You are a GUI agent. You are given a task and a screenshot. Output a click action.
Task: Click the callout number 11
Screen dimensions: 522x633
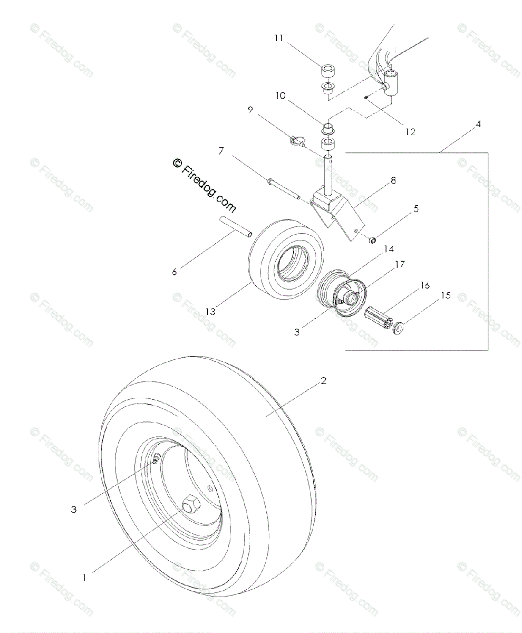click(278, 38)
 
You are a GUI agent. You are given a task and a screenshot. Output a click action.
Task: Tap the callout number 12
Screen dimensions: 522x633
click(410, 132)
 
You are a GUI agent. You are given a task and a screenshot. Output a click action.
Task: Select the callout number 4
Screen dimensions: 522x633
click(478, 124)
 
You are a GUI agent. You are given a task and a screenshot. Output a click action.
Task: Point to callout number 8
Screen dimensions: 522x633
click(393, 181)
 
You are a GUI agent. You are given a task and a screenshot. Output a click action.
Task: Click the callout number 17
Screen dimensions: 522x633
click(400, 265)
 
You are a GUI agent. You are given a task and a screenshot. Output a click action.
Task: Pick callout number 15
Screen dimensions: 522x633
click(446, 295)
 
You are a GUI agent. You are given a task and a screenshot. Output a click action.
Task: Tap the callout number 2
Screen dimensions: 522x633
click(323, 381)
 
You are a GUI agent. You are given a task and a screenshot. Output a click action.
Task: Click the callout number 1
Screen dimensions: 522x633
click(84, 578)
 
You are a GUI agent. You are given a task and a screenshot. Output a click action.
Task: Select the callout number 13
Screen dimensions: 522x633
click(210, 311)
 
